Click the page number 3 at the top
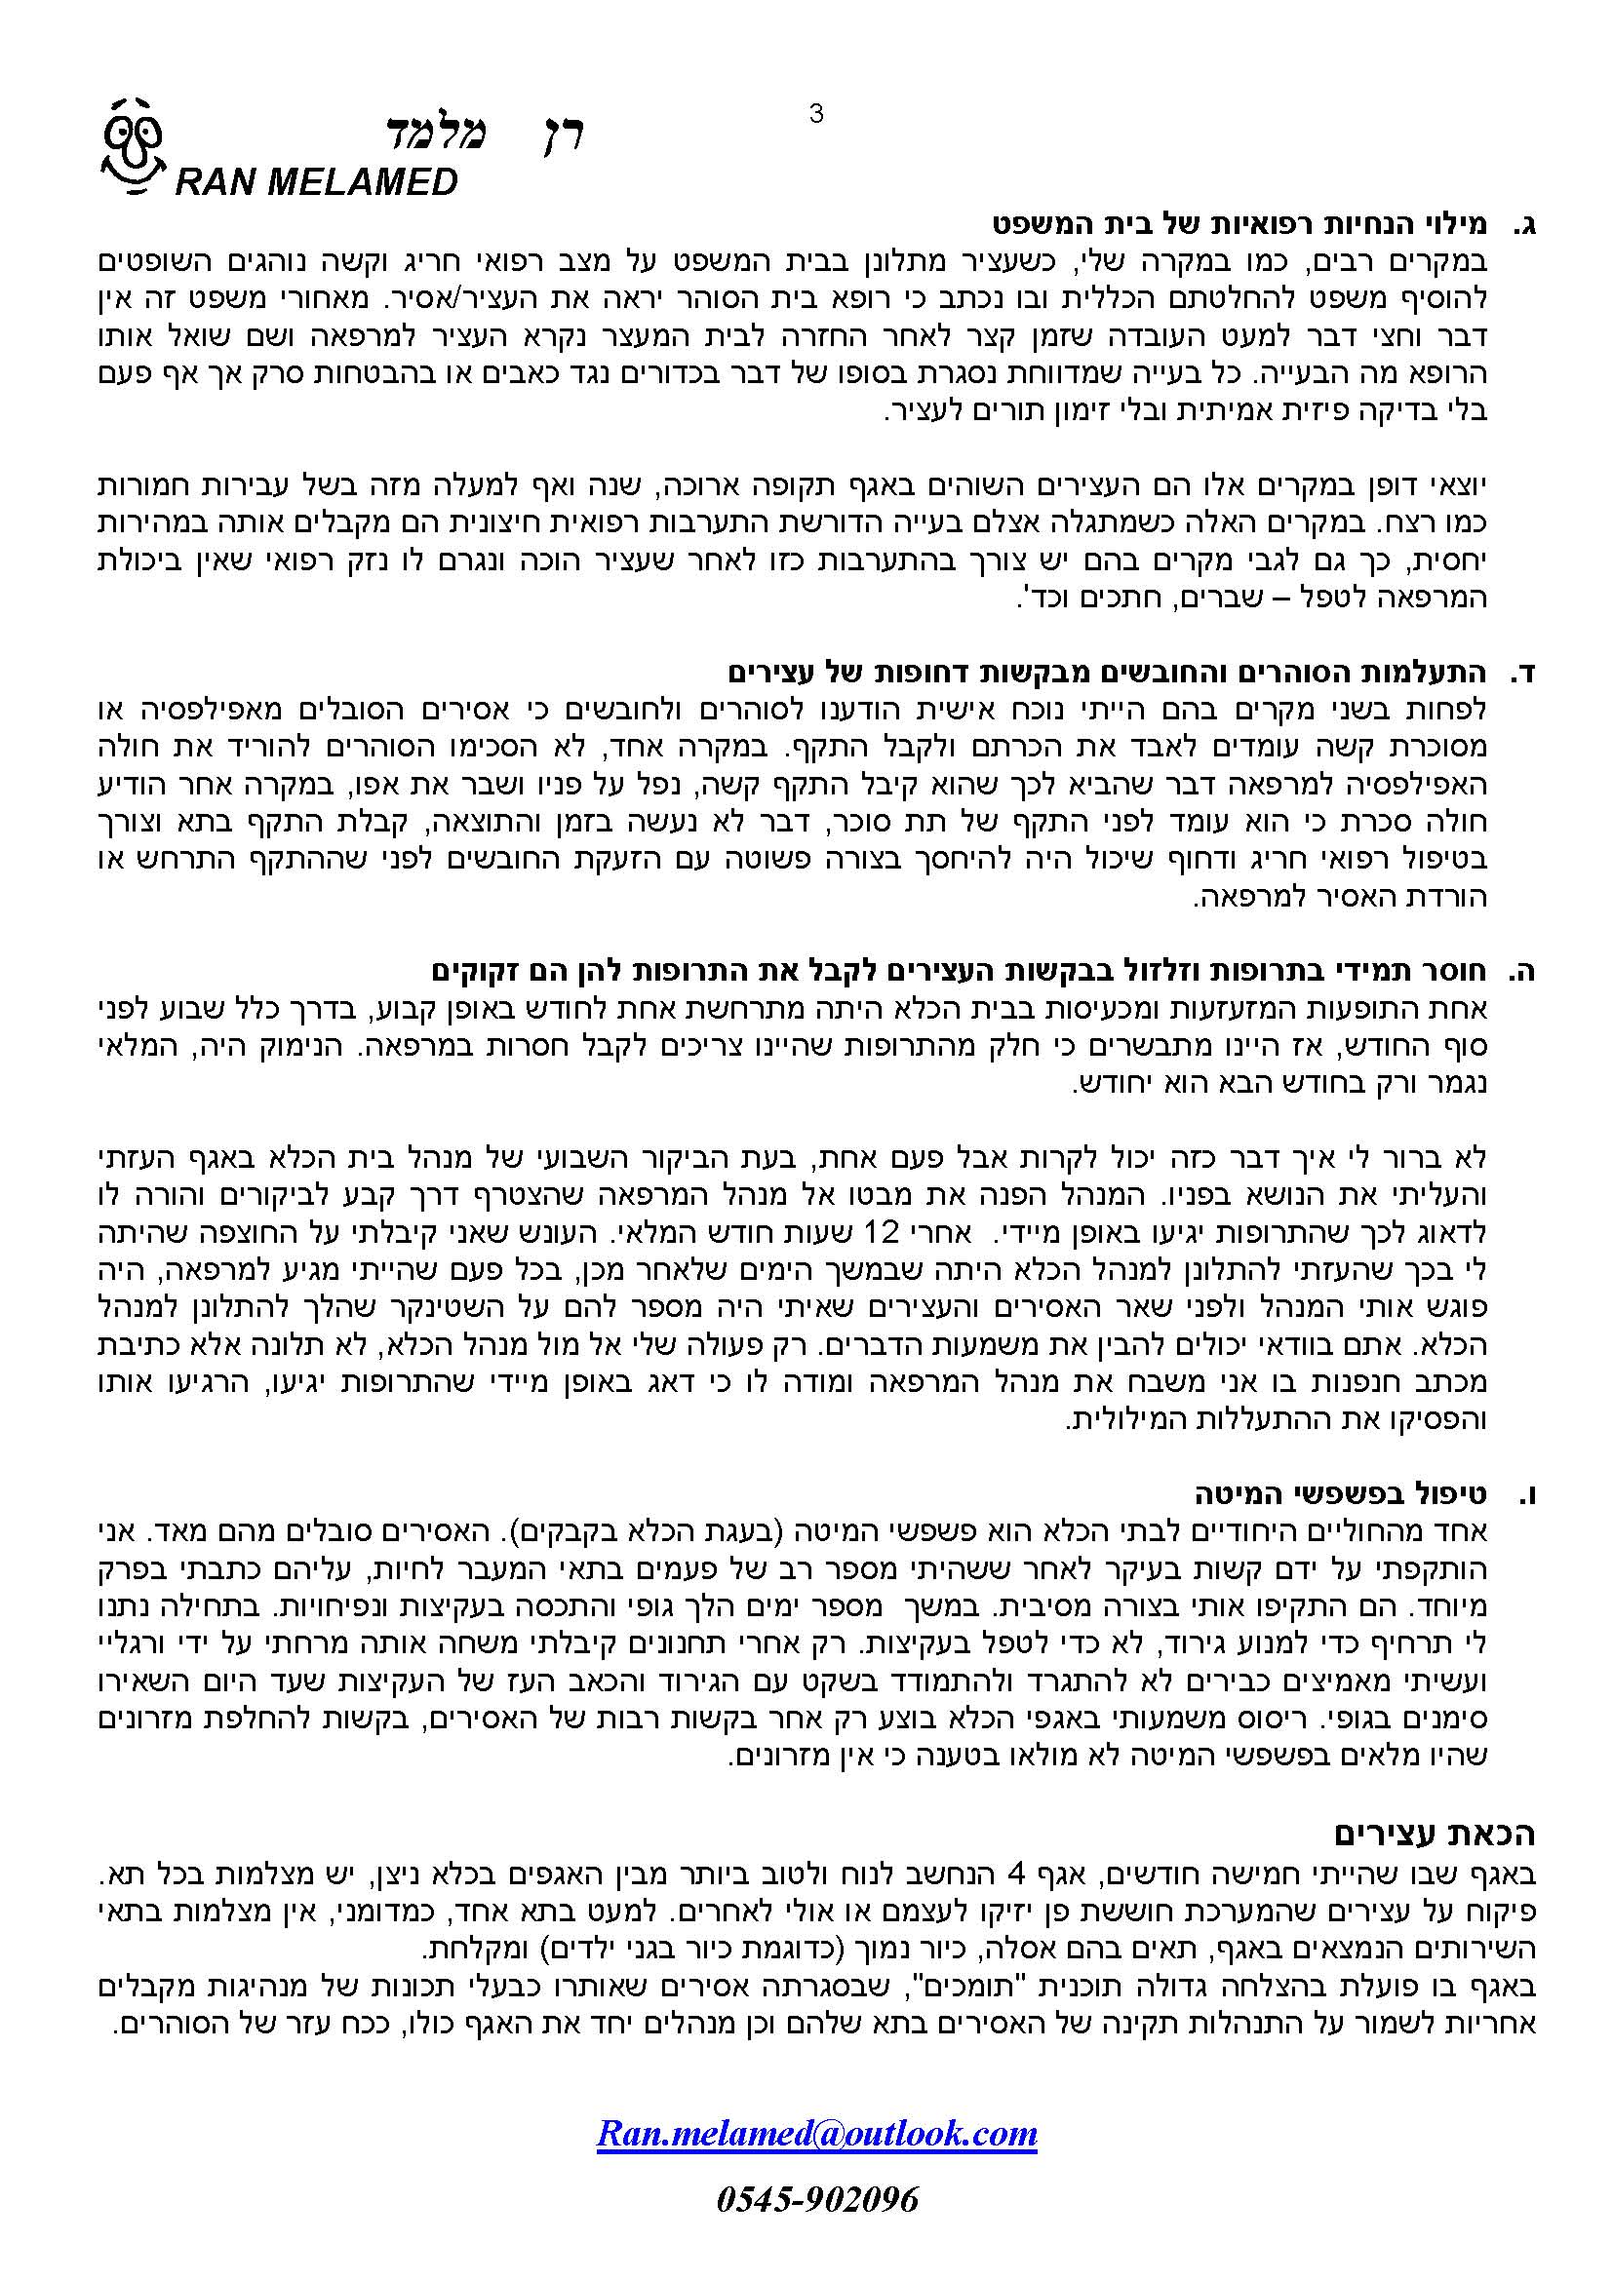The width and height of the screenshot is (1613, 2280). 816,114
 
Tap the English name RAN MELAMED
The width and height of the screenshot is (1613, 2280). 316,182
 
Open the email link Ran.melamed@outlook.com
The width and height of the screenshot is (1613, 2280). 816,2133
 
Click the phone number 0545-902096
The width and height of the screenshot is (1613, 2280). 816,2199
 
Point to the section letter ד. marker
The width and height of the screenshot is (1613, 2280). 1524,675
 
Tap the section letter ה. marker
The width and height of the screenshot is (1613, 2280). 1524,972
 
